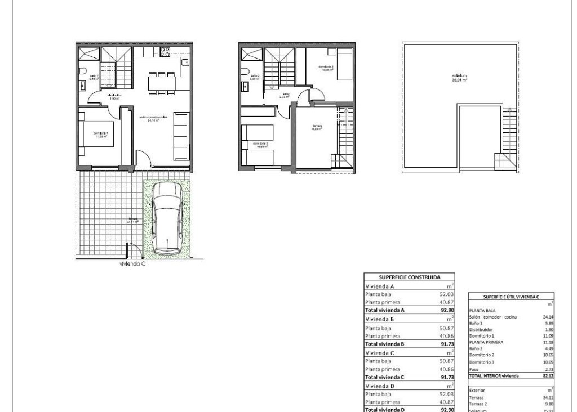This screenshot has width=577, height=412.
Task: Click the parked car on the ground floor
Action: tap(167, 218)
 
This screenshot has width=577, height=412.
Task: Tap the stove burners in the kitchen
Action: tap(165, 52)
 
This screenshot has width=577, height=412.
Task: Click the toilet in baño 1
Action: tap(83, 71)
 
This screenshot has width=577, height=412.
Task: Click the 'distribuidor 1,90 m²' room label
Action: tap(114, 97)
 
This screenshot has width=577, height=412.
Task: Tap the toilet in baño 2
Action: tap(246, 71)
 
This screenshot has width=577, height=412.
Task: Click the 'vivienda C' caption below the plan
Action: tap(132, 263)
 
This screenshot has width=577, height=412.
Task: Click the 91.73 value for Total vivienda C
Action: tap(447, 377)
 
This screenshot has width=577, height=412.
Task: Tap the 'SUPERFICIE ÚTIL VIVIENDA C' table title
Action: tap(511, 297)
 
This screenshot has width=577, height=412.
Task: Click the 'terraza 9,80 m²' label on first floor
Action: tap(317, 128)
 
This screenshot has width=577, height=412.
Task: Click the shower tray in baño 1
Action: tap(89, 55)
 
